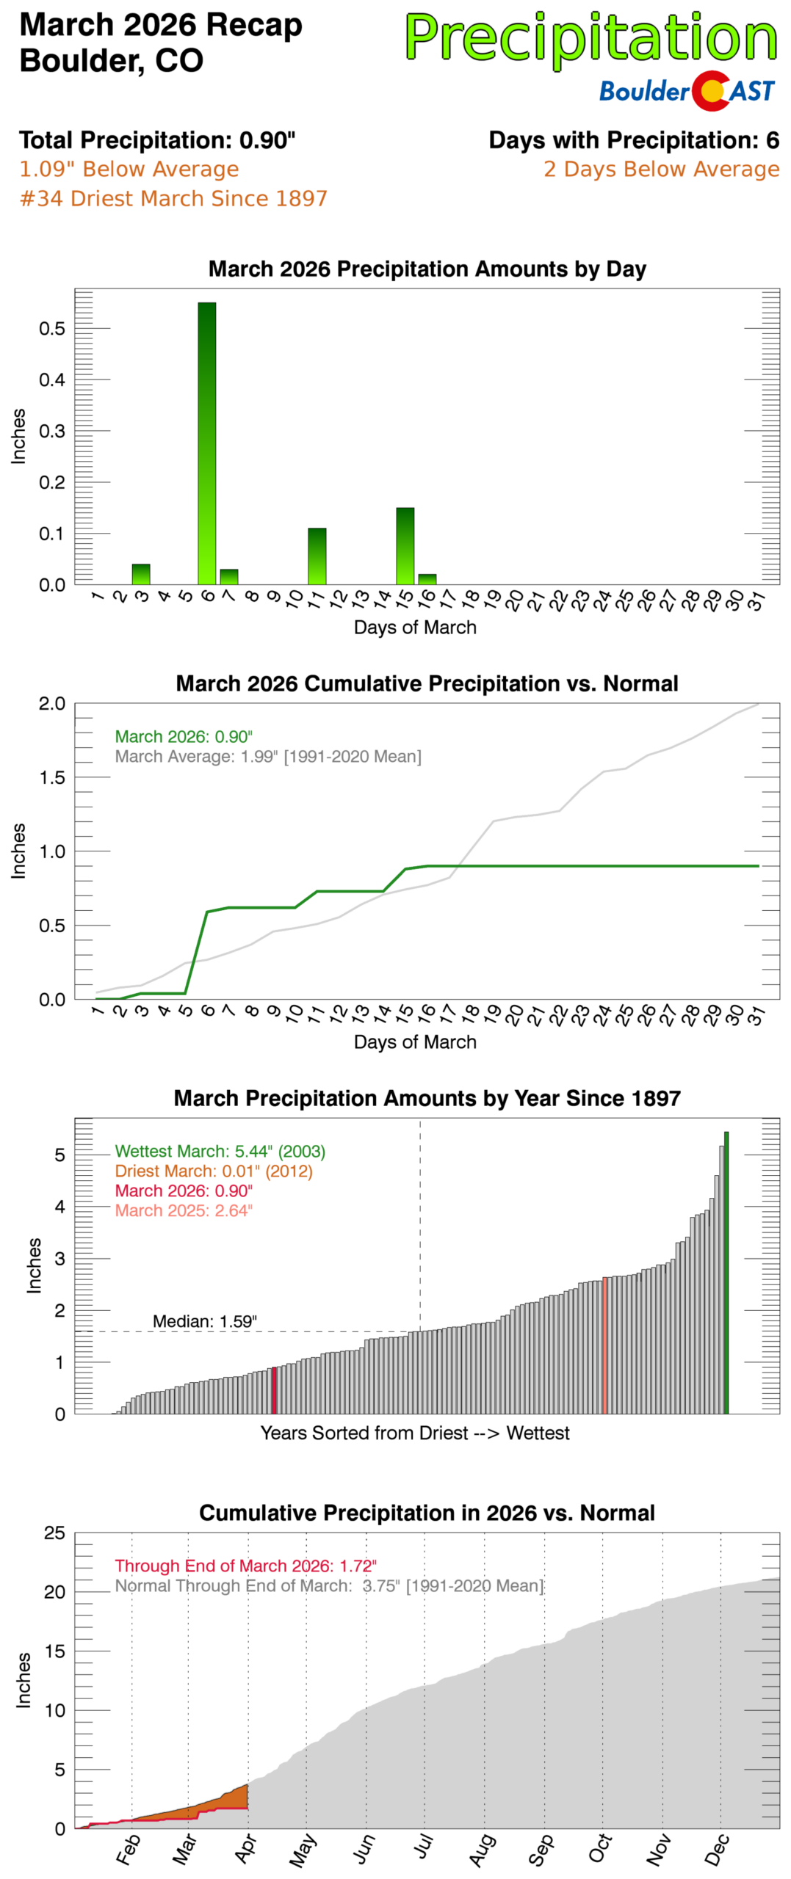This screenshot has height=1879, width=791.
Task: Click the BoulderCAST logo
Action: [x=686, y=90]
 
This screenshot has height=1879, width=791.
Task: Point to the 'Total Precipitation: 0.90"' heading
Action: [x=157, y=139]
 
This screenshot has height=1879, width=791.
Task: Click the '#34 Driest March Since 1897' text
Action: [x=173, y=198]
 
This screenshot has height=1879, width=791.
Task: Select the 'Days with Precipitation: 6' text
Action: [x=633, y=139]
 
